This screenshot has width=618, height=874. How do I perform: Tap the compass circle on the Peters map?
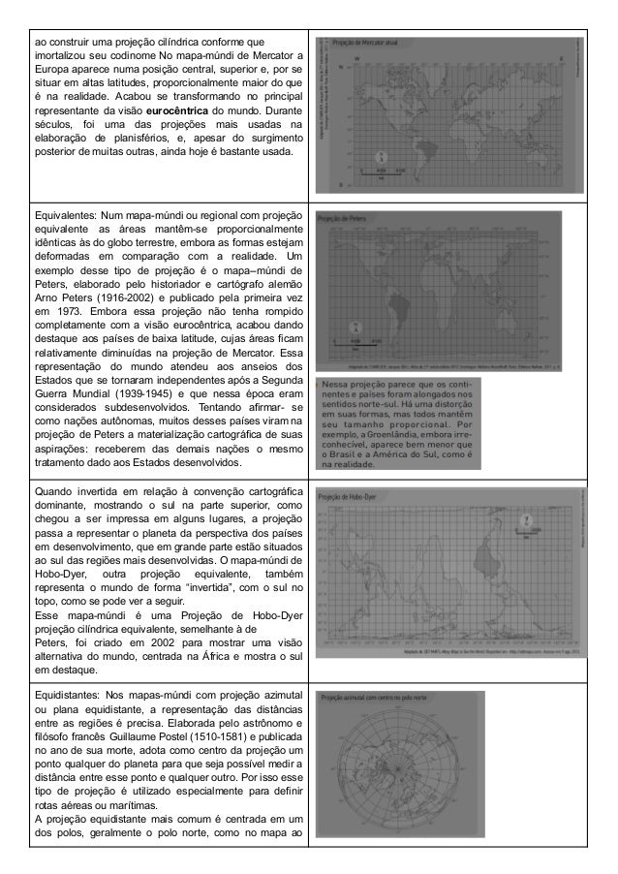(355, 328)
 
